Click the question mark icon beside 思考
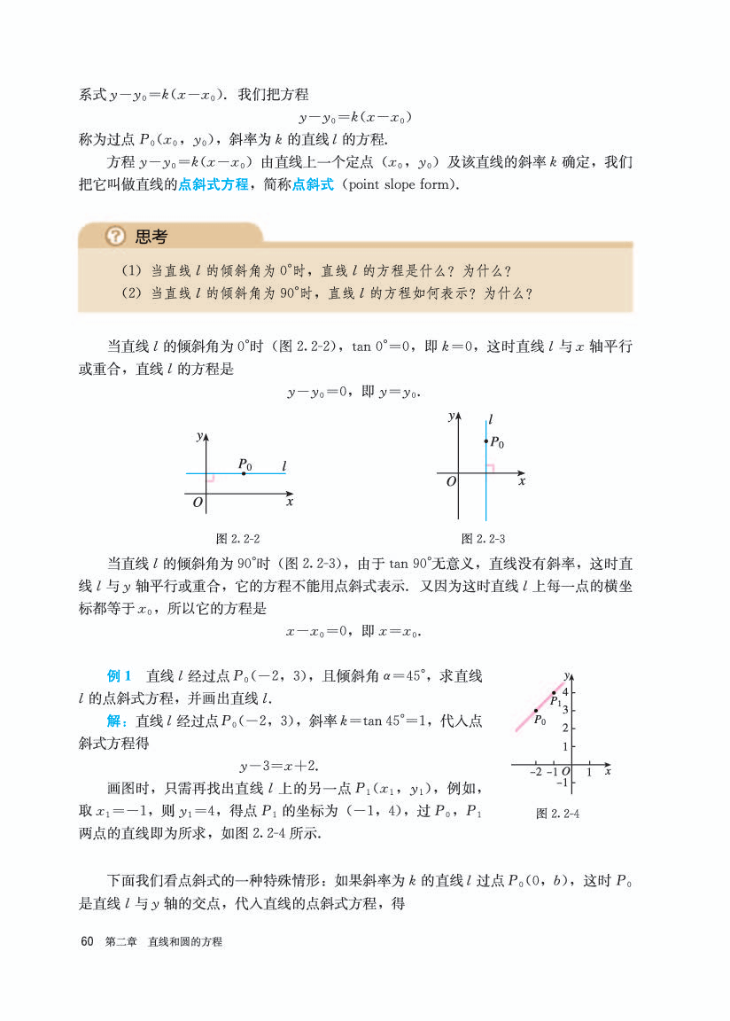(x=115, y=237)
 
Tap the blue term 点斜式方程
(x=214, y=184)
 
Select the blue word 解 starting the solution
(x=115, y=721)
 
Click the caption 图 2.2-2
(x=237, y=538)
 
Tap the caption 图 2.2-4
(x=558, y=814)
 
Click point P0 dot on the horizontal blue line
(x=244, y=474)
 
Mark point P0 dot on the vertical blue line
(x=485, y=441)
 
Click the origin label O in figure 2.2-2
(x=198, y=503)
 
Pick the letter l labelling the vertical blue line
(x=491, y=417)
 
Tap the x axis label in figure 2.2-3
(x=522, y=481)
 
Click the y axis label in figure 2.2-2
(x=199, y=436)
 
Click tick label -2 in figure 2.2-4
(x=535, y=773)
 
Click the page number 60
(x=87, y=941)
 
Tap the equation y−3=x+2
(x=279, y=765)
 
